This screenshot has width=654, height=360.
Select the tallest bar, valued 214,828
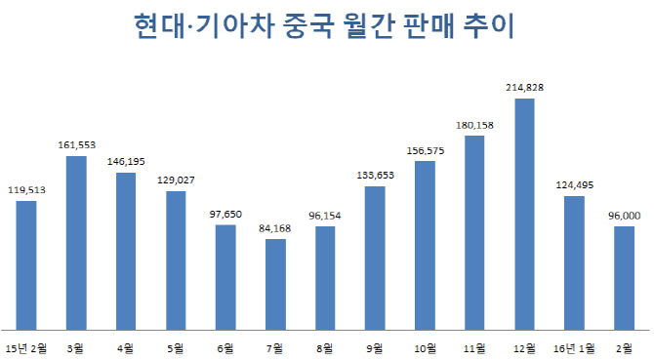pyautogui.click(x=524, y=214)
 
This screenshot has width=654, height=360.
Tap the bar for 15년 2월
pyautogui.click(x=26, y=265)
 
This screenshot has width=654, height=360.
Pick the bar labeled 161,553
pyautogui.click(x=76, y=243)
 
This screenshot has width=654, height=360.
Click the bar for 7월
pyautogui.click(x=275, y=284)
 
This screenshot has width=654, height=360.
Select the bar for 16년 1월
pyautogui.click(x=574, y=262)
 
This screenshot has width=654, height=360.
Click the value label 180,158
pyautogui.click(x=474, y=126)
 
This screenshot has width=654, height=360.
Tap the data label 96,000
pyautogui.click(x=624, y=217)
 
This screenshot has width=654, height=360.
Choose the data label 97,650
pyautogui.click(x=225, y=216)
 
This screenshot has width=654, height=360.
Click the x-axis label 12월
pyautogui.click(x=524, y=347)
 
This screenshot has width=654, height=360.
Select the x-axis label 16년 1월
pyautogui.click(x=574, y=347)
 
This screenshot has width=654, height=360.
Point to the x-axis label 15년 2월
pyautogui.click(x=26, y=347)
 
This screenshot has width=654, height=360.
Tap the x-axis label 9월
pyautogui.click(x=375, y=347)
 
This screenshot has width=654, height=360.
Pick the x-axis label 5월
pyautogui.click(x=176, y=347)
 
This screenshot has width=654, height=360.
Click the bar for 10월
pyautogui.click(x=425, y=245)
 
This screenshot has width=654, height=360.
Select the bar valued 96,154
pyautogui.click(x=325, y=278)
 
